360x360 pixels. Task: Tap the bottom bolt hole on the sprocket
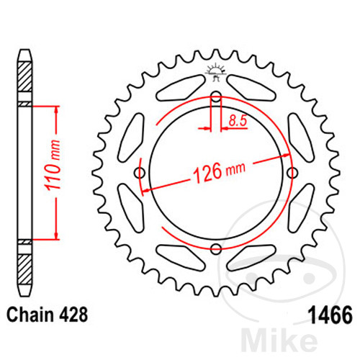coord(216,249)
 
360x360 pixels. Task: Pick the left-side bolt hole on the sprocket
coord(140,173)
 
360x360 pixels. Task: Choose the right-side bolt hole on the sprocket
coord(292,173)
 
